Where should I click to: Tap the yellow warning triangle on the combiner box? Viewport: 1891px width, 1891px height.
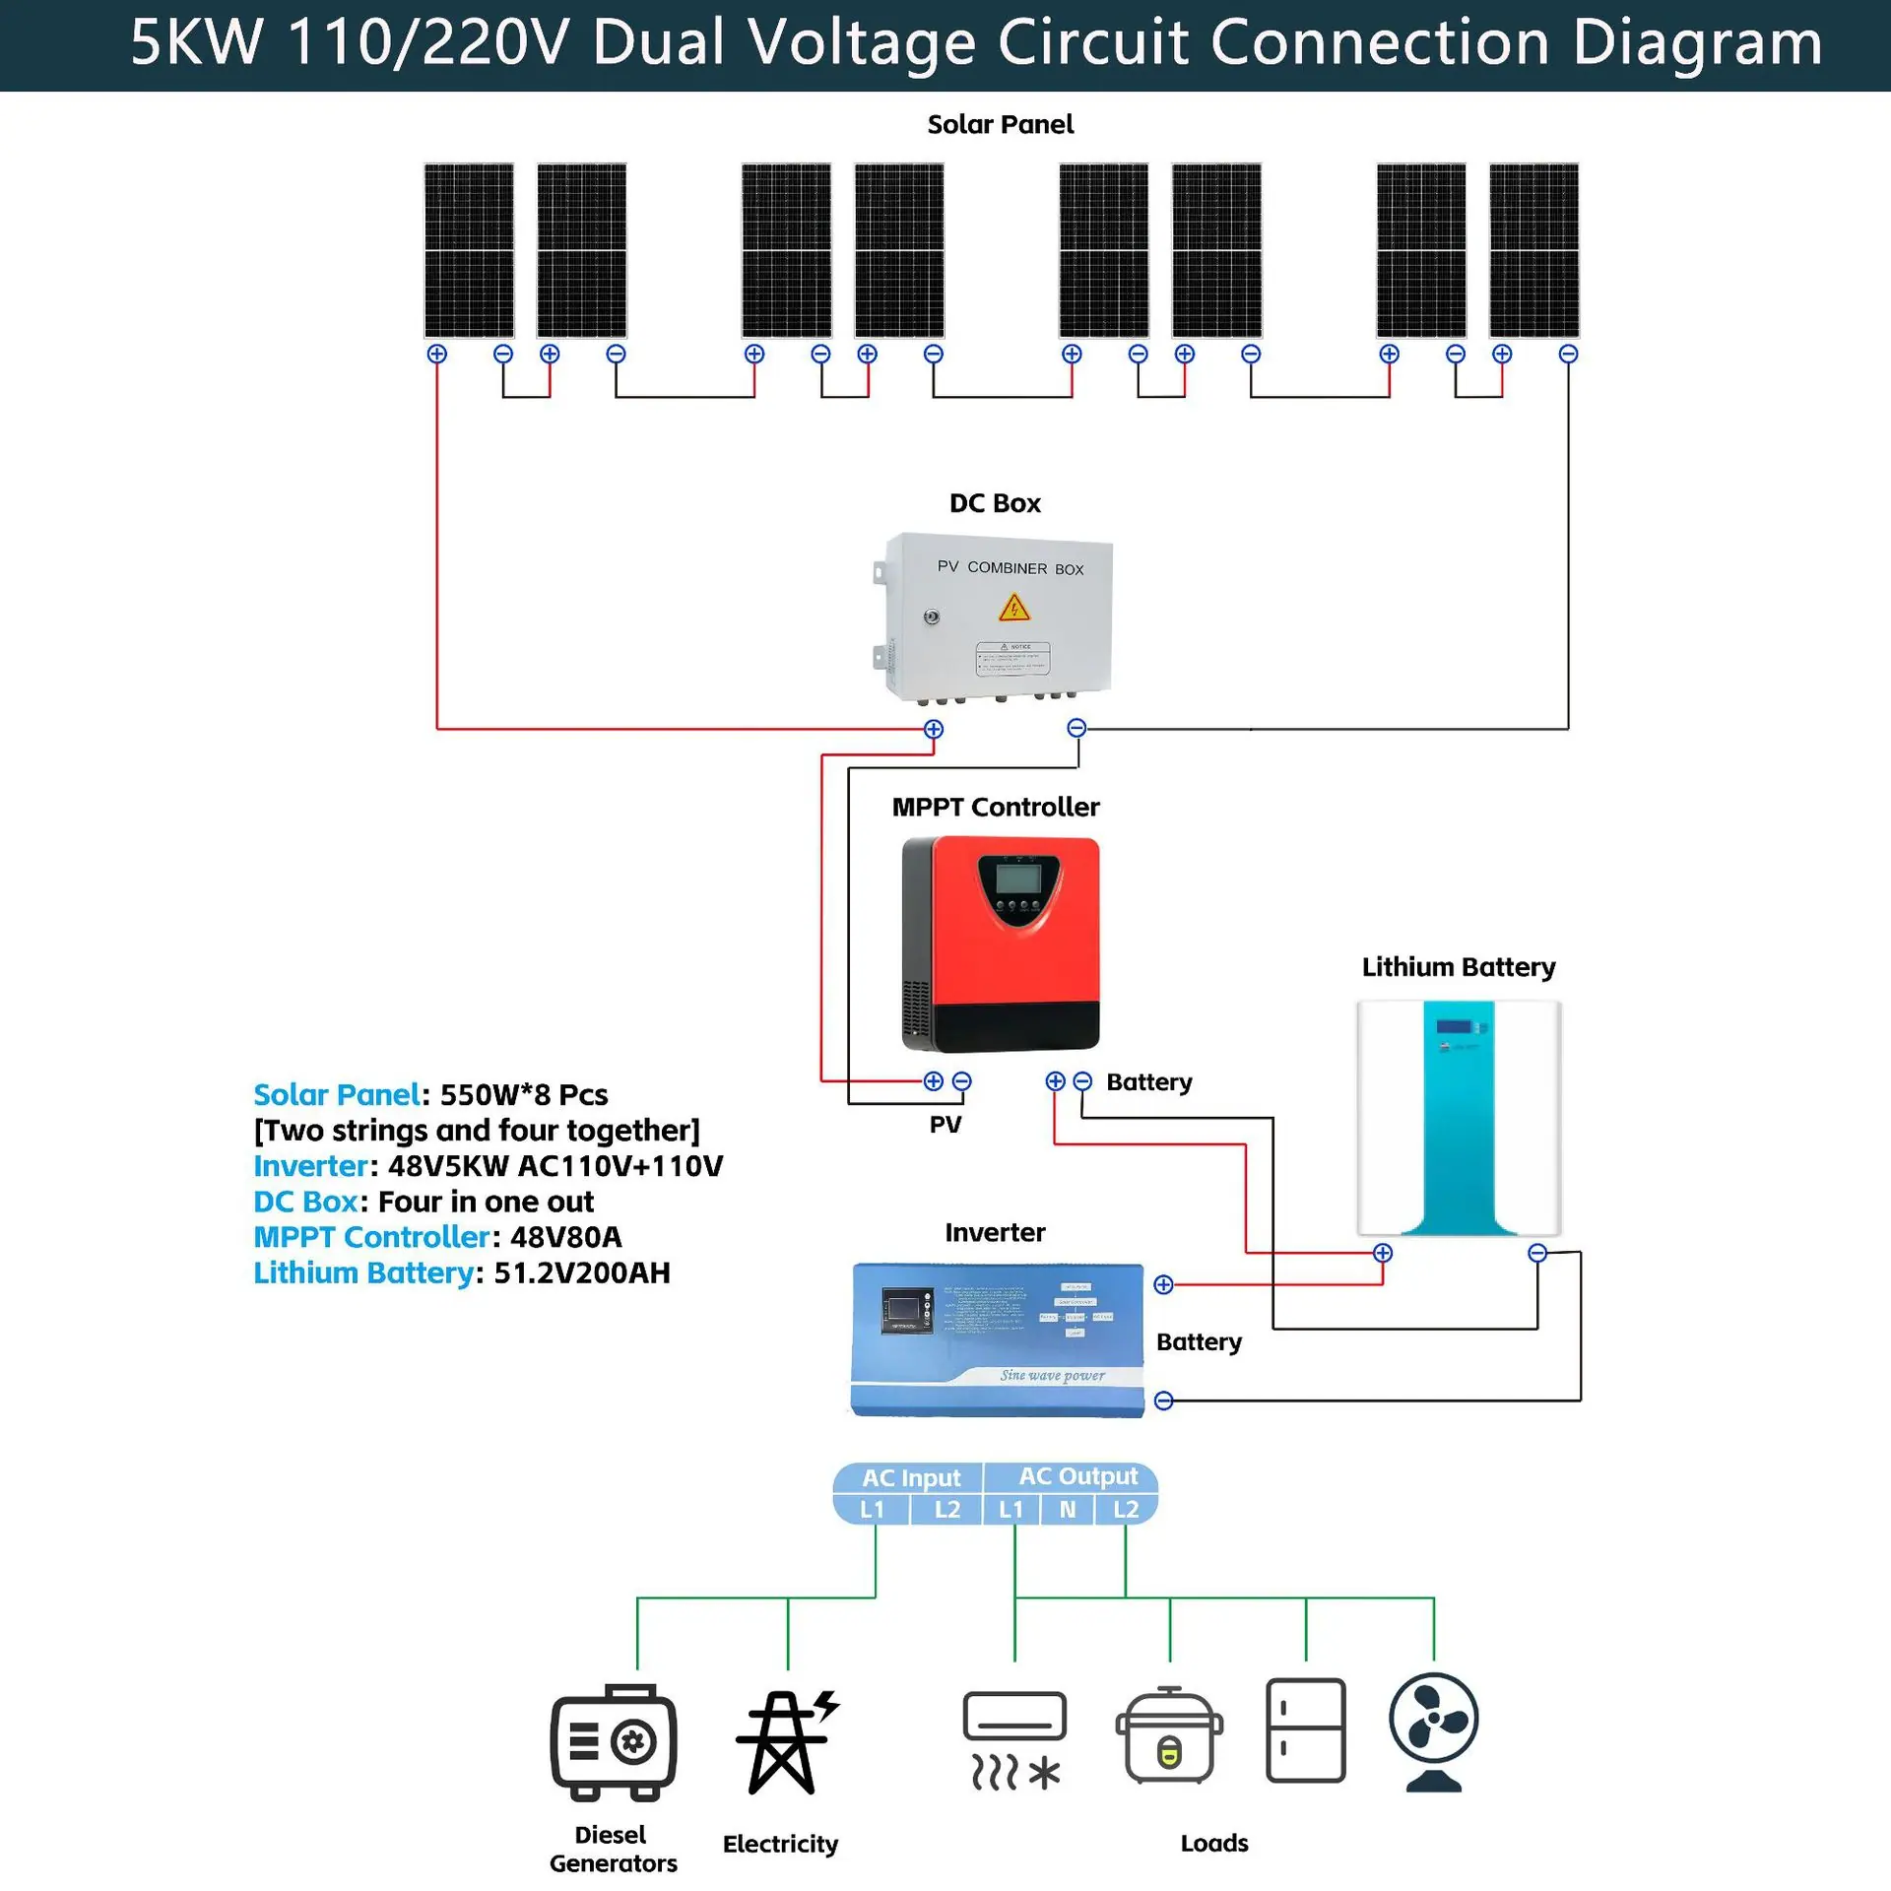click(x=1013, y=608)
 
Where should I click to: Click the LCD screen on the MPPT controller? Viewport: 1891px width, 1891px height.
click(x=1017, y=877)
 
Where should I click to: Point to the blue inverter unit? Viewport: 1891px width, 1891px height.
click(x=997, y=1339)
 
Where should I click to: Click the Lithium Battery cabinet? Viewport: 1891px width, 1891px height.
click(x=1459, y=1118)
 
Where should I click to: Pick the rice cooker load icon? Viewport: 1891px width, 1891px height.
click(x=1169, y=1737)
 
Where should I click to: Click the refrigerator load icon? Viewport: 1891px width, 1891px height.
click(x=1305, y=1730)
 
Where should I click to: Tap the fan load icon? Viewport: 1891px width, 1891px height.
click(x=1433, y=1730)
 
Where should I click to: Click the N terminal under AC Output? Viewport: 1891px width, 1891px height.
click(x=1067, y=1510)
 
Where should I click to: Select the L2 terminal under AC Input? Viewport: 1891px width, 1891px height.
click(x=946, y=1510)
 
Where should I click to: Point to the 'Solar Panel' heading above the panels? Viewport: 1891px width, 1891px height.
click(x=1000, y=125)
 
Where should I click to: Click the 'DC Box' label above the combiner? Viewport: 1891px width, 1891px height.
click(x=995, y=503)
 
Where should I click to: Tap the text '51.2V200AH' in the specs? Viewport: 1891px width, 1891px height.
click(x=581, y=1272)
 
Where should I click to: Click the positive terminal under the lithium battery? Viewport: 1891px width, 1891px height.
click(x=1383, y=1253)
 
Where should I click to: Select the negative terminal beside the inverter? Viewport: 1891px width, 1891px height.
click(x=1163, y=1401)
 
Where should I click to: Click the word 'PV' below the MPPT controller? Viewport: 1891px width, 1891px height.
click(x=945, y=1125)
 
